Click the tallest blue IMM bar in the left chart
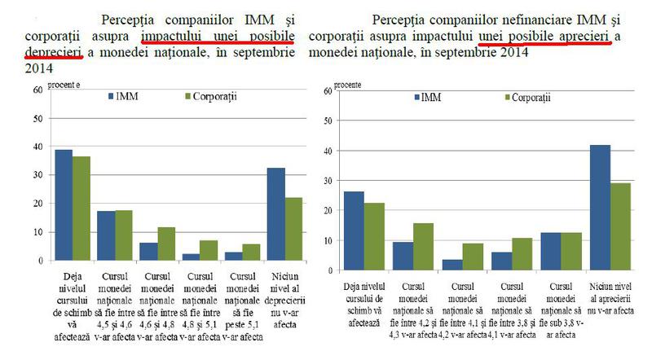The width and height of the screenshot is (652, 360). coord(64,205)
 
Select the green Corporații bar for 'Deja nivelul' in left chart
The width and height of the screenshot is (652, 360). coord(81,209)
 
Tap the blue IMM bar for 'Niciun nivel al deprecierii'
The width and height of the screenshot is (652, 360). coord(276,214)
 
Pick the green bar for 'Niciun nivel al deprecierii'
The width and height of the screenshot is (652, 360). coord(294,229)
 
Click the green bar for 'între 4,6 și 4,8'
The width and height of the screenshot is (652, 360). coord(166,244)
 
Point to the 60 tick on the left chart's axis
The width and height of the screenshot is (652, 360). coord(38,90)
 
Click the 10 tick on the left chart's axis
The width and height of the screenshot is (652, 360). coord(38,232)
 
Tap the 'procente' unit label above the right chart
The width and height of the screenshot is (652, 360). coord(350,83)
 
